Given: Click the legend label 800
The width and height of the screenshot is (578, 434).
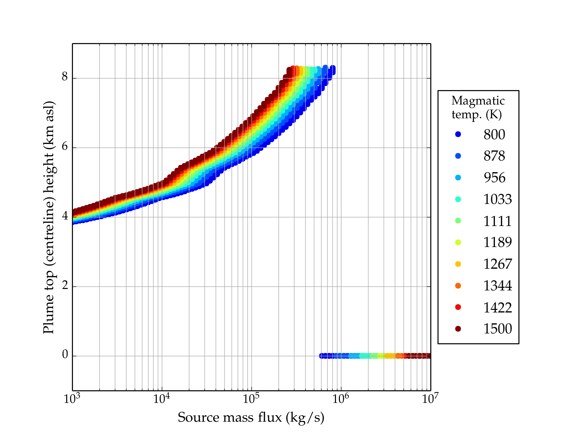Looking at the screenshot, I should tap(494, 135).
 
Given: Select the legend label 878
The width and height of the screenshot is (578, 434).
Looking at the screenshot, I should tap(494, 156).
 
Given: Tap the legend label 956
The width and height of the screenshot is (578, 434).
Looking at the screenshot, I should tap(494, 178).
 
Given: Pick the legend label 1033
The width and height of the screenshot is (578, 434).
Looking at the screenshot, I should tap(497, 199).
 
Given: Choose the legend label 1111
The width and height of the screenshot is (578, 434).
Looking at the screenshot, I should tap(497, 221).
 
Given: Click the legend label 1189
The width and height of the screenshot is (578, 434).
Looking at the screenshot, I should tap(497, 242).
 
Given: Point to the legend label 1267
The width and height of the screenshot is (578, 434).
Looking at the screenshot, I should tap(497, 264).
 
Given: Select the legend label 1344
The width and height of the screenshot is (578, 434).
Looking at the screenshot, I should tap(497, 286).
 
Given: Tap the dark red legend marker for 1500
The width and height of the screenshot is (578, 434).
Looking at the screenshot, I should tap(458, 329).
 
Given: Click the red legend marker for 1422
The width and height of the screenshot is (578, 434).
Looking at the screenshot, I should tap(458, 307).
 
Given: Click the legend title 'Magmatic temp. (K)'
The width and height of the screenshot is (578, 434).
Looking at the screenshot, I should tap(478, 107).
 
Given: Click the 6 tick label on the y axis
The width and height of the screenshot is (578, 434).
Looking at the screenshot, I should tap(65, 147).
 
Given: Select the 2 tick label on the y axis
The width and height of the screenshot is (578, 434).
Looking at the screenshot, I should tap(65, 286).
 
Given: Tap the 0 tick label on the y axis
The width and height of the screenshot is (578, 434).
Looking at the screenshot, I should tap(65, 355).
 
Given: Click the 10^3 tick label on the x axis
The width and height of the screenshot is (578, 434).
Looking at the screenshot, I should tap(72, 399).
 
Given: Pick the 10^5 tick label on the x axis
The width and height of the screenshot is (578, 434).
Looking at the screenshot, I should tap(251, 399).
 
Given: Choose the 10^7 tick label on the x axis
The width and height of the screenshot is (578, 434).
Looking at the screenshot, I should tap(430, 399).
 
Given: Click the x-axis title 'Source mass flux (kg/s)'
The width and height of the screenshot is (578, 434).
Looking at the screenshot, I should tap(251, 418).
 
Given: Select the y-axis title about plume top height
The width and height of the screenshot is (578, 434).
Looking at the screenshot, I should tap(48, 217).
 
